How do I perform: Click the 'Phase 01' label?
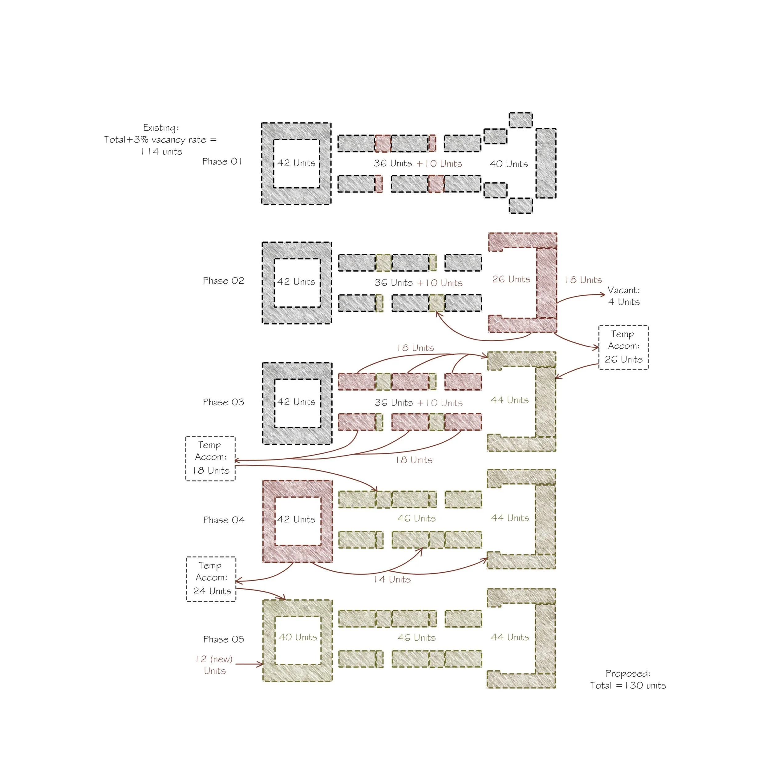coord(222,161)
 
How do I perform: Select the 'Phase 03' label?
coord(224,402)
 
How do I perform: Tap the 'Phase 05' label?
coord(224,639)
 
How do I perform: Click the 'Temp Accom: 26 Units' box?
coord(623,347)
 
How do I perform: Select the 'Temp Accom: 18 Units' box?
coord(210,458)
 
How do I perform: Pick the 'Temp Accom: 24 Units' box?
coord(211,579)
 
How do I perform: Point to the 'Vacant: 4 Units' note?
coord(624,296)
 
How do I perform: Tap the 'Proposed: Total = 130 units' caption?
coord(628,679)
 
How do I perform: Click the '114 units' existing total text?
coord(161,152)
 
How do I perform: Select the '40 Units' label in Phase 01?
coord(509,164)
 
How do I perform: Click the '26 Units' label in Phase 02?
coord(511,279)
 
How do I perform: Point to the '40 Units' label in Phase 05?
coord(298,637)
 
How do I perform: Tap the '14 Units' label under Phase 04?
coord(392,579)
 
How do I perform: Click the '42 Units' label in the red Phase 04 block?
coord(296,519)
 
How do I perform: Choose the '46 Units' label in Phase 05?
coord(416,638)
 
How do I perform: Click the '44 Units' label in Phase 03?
coord(510,400)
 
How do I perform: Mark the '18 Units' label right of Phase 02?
coord(583,280)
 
